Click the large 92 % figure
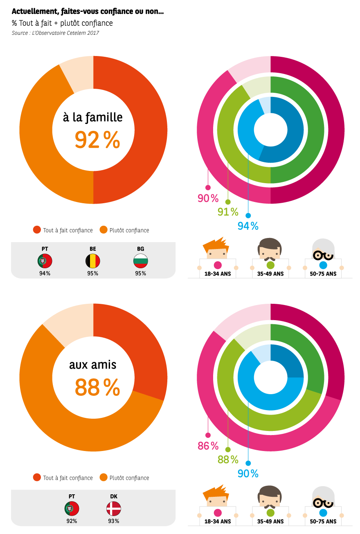(97, 140)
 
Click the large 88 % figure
(97, 388)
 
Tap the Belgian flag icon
(93, 261)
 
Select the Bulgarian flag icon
(141, 261)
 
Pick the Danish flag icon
(114, 509)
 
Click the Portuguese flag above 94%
(45, 261)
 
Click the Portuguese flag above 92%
(72, 509)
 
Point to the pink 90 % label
(208, 199)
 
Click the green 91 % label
(228, 212)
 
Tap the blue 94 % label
(248, 226)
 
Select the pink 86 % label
(208, 446)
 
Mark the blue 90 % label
(248, 474)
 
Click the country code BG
(141, 249)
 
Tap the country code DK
(114, 496)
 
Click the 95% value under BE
(93, 274)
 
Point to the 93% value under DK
(114, 521)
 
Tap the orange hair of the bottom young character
(216, 491)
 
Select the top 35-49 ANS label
(270, 274)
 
